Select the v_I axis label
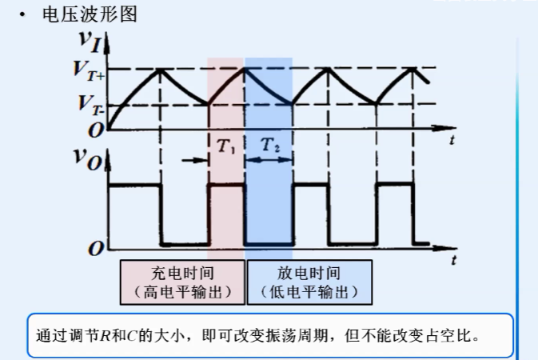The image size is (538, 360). point(92,42)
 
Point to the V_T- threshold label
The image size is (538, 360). point(89,103)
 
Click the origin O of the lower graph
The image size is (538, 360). point(96,249)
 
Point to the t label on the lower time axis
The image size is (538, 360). point(453,261)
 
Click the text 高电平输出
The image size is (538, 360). point(182,292)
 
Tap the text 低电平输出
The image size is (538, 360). point(309,292)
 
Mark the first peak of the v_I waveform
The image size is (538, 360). point(161,69)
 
